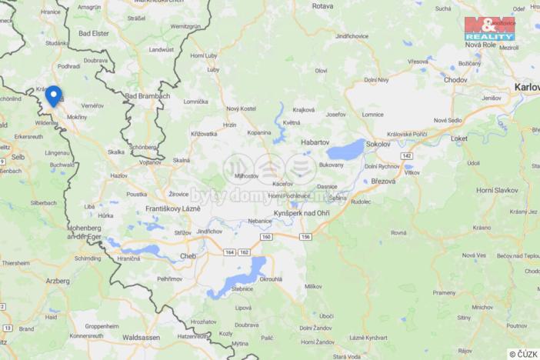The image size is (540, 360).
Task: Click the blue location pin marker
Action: pyautogui.click(x=53, y=96)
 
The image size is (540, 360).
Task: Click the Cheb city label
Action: pyautogui.click(x=188, y=256)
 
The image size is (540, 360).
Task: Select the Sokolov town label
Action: pyautogui.click(x=378, y=144)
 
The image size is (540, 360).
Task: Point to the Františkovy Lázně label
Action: pyautogui.click(x=172, y=208)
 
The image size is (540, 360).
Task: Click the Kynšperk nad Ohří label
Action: pyautogui.click(x=302, y=212)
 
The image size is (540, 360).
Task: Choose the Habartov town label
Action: pyautogui.click(x=315, y=142)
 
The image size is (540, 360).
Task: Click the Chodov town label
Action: pyautogui.click(x=455, y=79)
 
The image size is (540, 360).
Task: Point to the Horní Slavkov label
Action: pyautogui.click(x=496, y=190)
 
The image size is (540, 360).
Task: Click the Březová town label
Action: pyautogui.click(x=382, y=182)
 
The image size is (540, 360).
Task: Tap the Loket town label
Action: pyautogui.click(x=458, y=138)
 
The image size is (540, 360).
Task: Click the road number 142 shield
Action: pyautogui.click(x=406, y=155)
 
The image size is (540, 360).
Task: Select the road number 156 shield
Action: pyautogui.click(x=305, y=237)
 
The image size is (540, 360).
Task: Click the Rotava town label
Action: pyautogui.click(x=322, y=6)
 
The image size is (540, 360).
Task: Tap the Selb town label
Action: pyautogui.click(x=17, y=156)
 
